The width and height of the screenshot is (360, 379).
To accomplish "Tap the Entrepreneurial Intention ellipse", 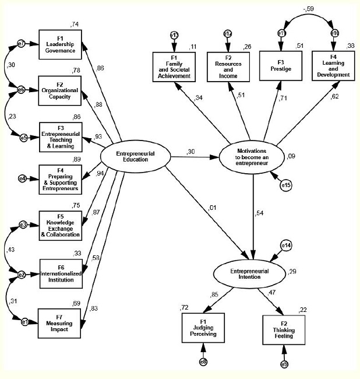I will (252, 272).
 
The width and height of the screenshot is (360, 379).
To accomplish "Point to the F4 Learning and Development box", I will (333, 66).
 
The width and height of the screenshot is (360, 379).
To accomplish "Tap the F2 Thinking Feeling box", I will (284, 332).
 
